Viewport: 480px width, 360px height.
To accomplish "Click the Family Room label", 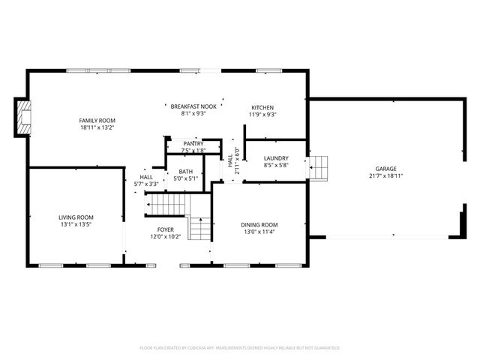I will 97,120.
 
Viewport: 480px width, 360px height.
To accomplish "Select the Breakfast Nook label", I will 193,106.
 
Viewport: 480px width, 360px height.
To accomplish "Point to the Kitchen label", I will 262,107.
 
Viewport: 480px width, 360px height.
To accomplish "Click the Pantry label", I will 193,143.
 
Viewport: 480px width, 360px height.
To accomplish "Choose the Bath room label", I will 185,171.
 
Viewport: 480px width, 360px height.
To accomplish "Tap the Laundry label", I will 276,157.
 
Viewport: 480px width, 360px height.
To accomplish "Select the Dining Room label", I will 259,224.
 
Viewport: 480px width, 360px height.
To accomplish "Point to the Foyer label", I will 165,229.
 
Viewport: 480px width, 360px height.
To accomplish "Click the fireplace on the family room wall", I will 25,118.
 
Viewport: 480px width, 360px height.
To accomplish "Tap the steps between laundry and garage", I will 319,167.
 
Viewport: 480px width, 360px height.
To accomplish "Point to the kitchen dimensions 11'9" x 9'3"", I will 262,115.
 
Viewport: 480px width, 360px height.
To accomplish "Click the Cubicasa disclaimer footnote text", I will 240,348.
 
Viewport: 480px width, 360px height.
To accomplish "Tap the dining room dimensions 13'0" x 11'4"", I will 259,232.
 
